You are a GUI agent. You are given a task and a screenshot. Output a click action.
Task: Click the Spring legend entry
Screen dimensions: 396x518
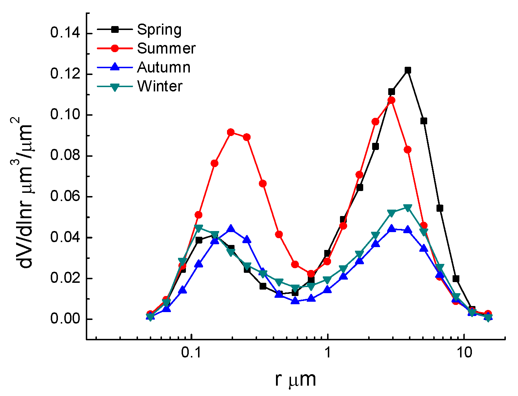(159, 30)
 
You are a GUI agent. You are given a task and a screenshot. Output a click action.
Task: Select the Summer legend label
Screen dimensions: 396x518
(166, 49)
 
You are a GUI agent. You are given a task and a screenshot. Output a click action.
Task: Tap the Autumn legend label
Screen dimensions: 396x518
(164, 67)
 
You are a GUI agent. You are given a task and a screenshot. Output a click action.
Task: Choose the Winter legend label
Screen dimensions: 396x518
(160, 86)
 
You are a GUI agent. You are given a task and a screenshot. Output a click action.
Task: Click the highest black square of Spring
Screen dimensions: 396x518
(408, 70)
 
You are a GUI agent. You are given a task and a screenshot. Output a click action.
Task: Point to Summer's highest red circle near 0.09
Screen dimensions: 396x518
(231, 132)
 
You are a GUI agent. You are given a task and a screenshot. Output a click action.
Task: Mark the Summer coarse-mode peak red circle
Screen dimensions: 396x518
(391, 100)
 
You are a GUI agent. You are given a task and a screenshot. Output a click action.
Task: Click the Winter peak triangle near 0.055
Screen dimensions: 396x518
(408, 208)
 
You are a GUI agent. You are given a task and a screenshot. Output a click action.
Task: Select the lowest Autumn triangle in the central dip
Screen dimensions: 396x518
(295, 301)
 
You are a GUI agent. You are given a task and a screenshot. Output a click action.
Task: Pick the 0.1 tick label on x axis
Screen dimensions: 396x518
(192, 354)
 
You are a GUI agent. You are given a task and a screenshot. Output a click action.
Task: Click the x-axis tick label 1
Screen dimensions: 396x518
(328, 354)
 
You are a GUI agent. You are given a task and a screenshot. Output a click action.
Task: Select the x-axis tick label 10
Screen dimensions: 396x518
(464, 354)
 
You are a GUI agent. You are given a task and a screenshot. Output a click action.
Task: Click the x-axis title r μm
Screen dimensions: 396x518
(296, 380)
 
